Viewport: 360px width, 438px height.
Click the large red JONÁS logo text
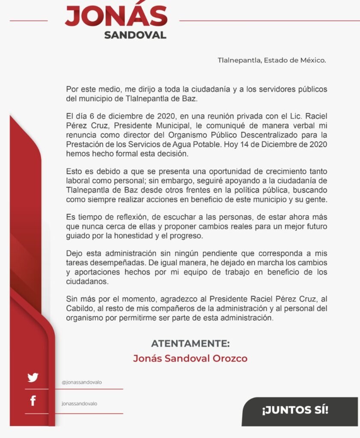116,16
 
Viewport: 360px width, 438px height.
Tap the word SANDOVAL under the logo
135,35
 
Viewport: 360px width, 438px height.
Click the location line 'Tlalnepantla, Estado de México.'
272,60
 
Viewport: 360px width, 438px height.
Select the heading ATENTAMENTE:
190,343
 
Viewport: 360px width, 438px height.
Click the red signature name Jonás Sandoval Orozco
190,358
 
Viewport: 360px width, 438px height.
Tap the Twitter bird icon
33,378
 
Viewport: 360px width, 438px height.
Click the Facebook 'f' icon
33,401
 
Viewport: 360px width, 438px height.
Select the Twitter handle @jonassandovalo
82,382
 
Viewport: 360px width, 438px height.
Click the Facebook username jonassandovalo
79,403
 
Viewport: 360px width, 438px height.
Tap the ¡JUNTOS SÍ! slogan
295,411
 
